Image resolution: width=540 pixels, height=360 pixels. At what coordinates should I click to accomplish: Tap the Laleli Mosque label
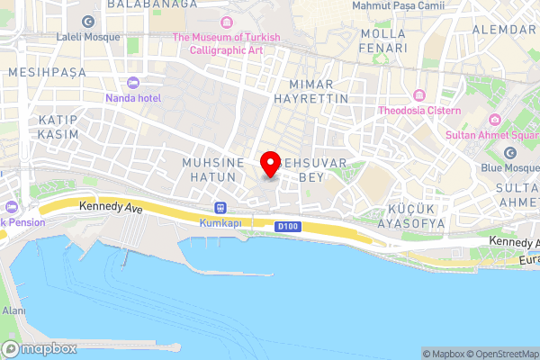(x=87, y=37)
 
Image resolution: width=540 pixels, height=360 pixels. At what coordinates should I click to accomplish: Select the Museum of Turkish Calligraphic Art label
(x=226, y=43)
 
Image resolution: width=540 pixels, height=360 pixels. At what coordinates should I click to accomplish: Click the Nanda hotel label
(x=133, y=96)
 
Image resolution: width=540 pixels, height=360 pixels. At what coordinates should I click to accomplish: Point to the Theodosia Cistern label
(x=418, y=110)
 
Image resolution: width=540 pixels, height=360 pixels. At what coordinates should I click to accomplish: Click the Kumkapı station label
(x=220, y=222)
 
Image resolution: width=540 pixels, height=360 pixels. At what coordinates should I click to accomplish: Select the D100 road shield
(x=287, y=226)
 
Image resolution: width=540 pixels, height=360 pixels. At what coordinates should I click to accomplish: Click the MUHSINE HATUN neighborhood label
(x=213, y=170)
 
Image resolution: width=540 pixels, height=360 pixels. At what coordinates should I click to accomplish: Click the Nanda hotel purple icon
(x=133, y=82)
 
